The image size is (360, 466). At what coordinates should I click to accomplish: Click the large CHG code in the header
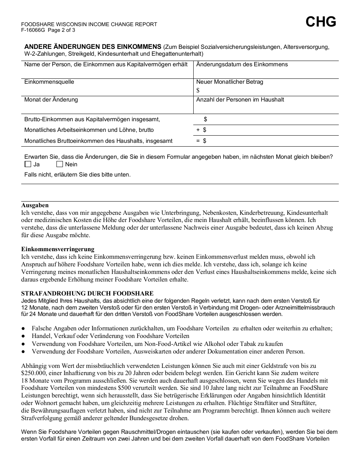(321, 22)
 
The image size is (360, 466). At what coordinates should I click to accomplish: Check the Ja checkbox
(28, 164)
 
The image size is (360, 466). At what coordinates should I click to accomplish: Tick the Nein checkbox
(59, 164)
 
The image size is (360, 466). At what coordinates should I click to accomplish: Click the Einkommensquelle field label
(49, 82)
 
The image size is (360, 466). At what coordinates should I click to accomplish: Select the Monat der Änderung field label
(51, 100)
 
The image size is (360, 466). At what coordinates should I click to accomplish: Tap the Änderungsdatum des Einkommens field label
(242, 64)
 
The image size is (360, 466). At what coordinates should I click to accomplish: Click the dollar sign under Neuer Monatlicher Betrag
(198, 90)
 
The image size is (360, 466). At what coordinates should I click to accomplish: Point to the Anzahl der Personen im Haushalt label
(240, 100)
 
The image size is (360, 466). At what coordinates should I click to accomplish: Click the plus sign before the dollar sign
(198, 130)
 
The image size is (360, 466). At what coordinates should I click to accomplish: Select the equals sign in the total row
(198, 141)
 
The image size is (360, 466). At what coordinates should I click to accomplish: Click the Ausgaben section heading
(35, 205)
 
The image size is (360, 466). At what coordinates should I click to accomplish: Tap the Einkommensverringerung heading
(58, 249)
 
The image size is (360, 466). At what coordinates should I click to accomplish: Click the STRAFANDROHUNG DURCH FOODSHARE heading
(87, 294)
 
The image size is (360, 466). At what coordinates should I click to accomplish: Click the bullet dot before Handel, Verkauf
(23, 336)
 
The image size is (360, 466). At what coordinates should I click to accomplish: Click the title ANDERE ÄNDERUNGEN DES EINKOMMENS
(93, 47)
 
